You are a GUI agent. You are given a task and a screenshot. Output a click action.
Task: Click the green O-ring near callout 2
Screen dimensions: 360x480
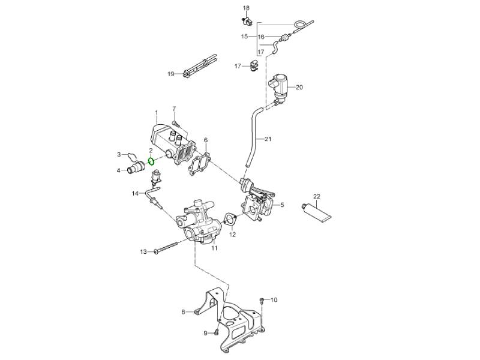(152, 161)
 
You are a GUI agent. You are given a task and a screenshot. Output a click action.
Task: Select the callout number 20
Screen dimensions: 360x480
(299, 87)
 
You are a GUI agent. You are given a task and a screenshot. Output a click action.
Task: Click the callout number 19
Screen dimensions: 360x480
(170, 74)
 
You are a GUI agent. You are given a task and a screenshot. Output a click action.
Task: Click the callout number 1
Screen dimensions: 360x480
(156, 112)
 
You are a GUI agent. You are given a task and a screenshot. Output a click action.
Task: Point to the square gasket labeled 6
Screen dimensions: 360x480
(200, 163)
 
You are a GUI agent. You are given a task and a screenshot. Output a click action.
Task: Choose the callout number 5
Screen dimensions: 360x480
(282, 205)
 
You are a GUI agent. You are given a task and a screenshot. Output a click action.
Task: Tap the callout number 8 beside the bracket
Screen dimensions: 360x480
(184, 311)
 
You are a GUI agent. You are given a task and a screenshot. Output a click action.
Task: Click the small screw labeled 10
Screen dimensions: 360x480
(262, 299)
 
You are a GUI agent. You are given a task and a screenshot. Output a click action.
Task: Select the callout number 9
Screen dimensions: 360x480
(205, 333)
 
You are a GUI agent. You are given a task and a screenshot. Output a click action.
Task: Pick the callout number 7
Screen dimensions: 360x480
(174, 109)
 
